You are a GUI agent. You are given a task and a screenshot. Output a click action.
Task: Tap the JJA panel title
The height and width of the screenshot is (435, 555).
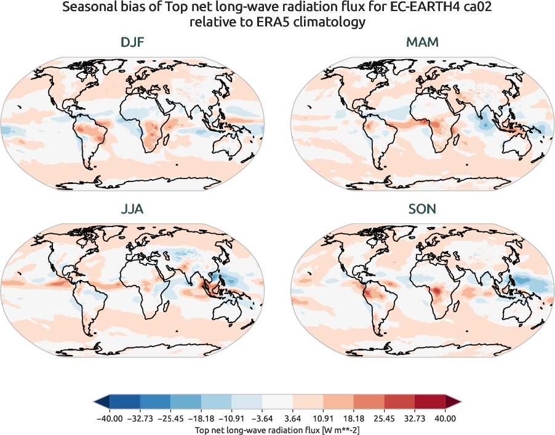tap(132, 209)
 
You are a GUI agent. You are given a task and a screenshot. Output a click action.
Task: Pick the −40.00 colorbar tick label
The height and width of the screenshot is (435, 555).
tap(110, 418)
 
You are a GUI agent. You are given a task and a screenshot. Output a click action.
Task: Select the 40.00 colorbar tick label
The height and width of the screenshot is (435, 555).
tap(445, 418)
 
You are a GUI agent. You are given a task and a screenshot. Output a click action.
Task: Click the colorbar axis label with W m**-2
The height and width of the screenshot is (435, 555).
tap(277, 428)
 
